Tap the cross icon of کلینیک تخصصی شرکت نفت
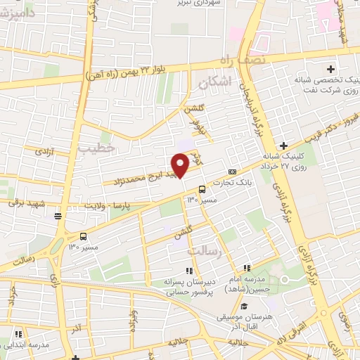[330, 68]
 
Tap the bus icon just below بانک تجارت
[202, 188]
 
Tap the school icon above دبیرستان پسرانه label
[188, 271]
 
